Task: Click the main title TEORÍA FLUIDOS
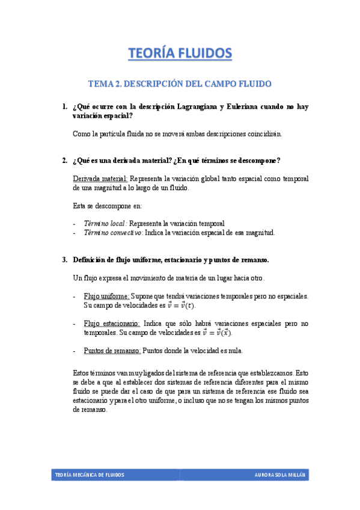click(x=180, y=54)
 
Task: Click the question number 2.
click(x=64, y=161)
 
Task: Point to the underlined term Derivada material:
click(x=100, y=179)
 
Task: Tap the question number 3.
click(x=64, y=260)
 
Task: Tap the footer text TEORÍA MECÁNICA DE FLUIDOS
click(x=90, y=475)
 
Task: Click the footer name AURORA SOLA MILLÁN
click(x=280, y=475)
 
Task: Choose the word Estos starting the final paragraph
click(x=82, y=372)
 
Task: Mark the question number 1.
click(x=64, y=107)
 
